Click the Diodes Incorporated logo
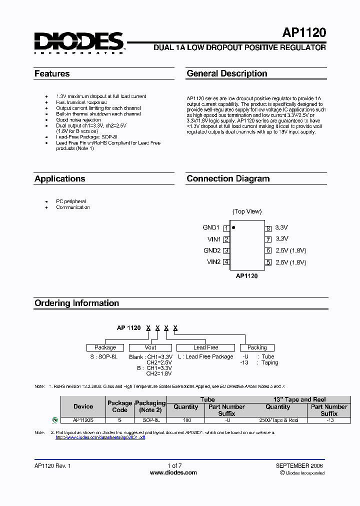click(x=79, y=43)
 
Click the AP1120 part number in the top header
click(x=304, y=33)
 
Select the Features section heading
click(x=52, y=73)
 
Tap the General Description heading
click(x=226, y=73)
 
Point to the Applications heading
click(x=59, y=178)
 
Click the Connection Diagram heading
click(x=228, y=178)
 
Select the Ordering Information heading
click(x=76, y=303)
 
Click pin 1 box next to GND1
click(x=226, y=228)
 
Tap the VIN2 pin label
click(x=213, y=262)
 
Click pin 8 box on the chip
click(x=268, y=228)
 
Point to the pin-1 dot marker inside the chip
click(x=233, y=227)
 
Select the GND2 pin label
click(x=212, y=250)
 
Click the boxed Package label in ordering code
click(x=105, y=347)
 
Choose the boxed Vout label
click(x=150, y=347)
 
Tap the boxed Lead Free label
click(x=205, y=347)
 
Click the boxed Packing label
click(x=257, y=347)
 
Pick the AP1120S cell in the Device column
click(x=83, y=420)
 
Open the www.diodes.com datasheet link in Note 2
click(x=100, y=437)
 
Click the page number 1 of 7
click(x=174, y=465)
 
